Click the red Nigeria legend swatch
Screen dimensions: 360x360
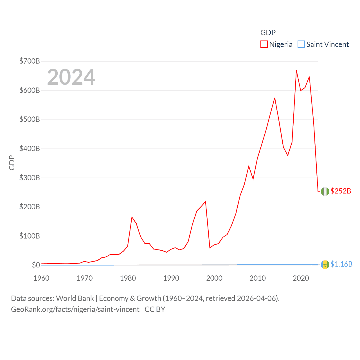pos(264,44)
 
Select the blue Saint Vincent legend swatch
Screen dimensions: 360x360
pos(301,44)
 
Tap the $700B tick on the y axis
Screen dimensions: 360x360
pos(30,61)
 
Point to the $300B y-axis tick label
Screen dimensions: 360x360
pos(30,178)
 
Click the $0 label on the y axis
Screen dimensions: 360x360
pos(36,265)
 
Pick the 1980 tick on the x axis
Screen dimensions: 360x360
pos(128,278)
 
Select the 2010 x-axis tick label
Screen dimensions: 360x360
pos(258,278)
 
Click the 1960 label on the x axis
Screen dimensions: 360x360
pos(41,278)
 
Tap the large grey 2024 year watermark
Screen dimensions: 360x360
pos(71,77)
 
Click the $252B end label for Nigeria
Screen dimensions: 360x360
pos(341,191)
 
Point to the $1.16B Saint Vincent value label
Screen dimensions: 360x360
pos(341,264)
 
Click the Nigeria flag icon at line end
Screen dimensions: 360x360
pos(325,192)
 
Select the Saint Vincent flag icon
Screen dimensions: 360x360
pos(325,265)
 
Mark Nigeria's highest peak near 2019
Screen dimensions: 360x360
pos(296,71)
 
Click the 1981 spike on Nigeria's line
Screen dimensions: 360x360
pos(132,217)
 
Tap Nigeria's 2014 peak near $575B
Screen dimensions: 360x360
pos(274,98)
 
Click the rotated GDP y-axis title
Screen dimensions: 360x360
pos(12,163)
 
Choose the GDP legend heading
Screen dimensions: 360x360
pos(268,33)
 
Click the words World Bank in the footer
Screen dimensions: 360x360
pos(75,298)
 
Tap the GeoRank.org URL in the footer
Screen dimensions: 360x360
pos(75,309)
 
